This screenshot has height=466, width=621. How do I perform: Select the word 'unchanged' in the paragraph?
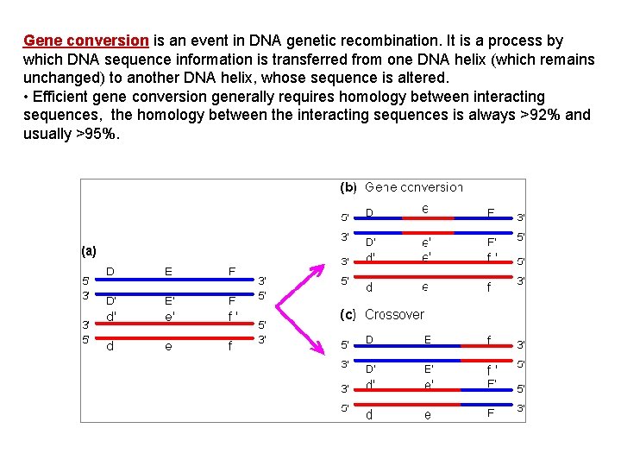click(62, 78)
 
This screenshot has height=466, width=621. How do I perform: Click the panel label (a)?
click(90, 251)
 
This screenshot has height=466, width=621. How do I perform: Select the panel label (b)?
click(348, 187)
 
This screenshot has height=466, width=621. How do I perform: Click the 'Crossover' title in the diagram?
click(394, 315)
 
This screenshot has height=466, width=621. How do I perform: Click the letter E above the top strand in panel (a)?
click(168, 272)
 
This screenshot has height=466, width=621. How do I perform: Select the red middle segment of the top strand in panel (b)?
click(428, 218)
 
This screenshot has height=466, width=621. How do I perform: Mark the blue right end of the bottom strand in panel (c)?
click(487, 405)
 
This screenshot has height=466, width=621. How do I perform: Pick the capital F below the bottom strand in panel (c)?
click(490, 414)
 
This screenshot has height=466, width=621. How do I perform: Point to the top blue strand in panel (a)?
click(168, 282)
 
